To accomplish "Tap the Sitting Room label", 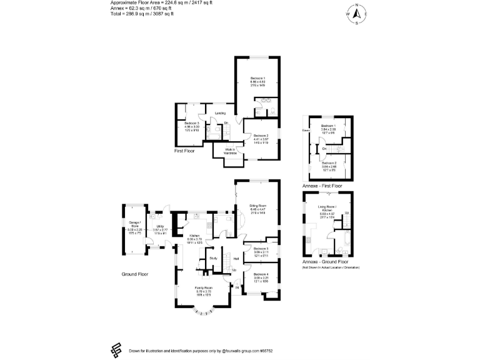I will pos(258,205).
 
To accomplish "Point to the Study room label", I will pos(213,257).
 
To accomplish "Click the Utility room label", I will pos(161,226).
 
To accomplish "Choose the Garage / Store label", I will pos(135,224).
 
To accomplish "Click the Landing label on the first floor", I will pos(220,113).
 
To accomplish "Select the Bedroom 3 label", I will pos(192,124).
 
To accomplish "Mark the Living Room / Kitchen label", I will pos(327,206).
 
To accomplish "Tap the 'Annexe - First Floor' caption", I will pos(322,186).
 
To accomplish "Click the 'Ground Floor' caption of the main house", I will pos(135,274).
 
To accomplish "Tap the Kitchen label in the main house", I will pos(194,236).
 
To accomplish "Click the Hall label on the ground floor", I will pos(237,258).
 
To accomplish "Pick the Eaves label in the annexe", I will pos(306,130).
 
